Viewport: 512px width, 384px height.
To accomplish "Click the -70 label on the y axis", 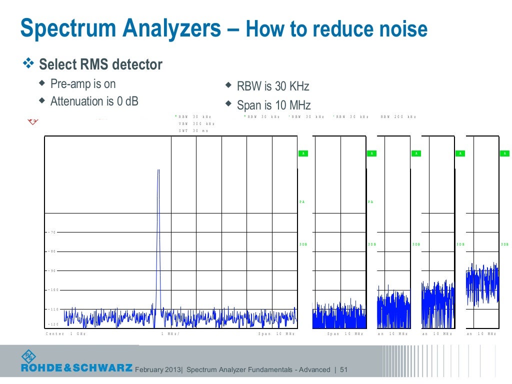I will coord(52,232).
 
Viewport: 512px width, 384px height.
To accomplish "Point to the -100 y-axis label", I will coord(53,290).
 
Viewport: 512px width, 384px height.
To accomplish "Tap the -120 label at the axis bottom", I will coord(53,324).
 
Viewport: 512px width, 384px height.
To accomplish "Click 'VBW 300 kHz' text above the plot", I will coord(196,123).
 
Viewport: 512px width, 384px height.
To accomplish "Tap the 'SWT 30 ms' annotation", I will coord(193,130).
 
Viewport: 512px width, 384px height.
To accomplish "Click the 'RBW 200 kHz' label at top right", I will coord(398,116).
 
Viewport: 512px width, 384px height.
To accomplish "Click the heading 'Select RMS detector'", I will coord(100,64).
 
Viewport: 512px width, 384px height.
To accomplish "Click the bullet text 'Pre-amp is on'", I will coord(83,83).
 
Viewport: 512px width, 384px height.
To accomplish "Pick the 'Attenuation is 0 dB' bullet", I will coord(94,101).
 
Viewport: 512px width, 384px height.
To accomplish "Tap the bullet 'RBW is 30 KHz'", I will coord(273,86).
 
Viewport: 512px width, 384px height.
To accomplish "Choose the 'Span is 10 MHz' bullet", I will coord(273,105).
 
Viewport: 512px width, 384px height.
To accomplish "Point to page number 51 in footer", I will coord(343,370).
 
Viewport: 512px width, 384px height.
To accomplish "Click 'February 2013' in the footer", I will coord(158,370).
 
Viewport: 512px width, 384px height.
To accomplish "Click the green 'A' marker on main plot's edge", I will coord(302,153).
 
